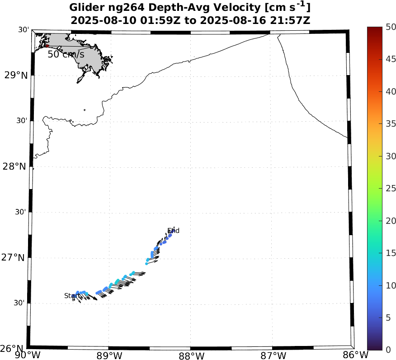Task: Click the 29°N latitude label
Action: [16, 75]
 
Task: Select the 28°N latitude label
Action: [16, 166]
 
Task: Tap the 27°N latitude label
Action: [16, 258]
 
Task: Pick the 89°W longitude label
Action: [109, 355]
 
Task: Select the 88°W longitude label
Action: [190, 355]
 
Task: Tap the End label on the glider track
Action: [173, 231]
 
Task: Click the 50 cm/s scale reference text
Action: [66, 54]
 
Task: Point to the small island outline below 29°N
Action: [85, 109]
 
